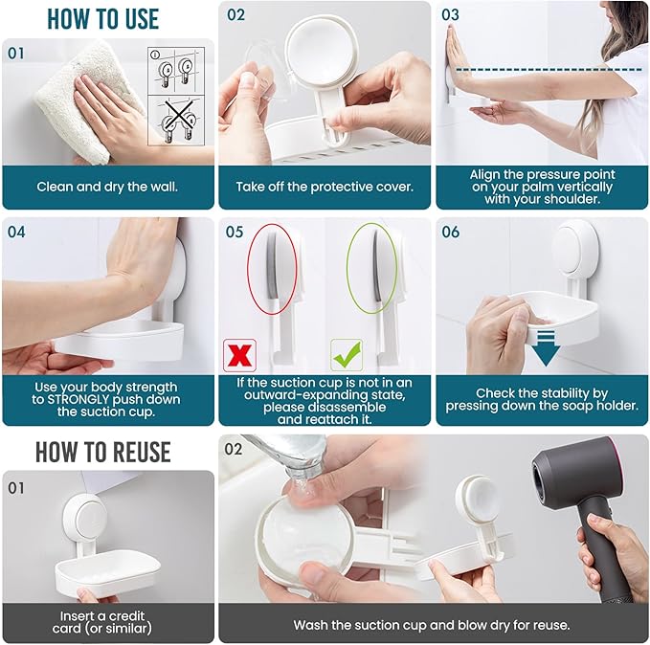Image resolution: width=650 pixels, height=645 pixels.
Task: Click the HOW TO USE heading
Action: click(x=102, y=18)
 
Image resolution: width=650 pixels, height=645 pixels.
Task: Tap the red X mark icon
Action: click(x=237, y=354)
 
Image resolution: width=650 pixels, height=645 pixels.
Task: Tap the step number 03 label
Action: click(x=450, y=15)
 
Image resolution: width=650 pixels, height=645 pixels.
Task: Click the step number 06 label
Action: click(x=450, y=233)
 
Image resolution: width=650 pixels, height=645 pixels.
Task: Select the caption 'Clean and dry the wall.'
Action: click(x=107, y=187)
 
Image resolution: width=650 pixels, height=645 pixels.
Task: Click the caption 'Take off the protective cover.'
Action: click(x=325, y=187)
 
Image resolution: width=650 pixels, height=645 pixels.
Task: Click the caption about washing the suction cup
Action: click(x=432, y=625)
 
